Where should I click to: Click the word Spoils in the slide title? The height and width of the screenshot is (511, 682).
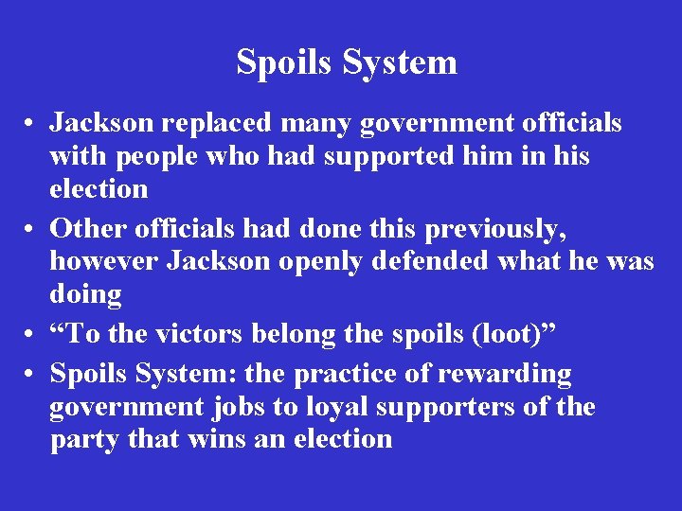tap(279, 62)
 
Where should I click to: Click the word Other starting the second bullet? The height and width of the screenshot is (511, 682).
tap(90, 229)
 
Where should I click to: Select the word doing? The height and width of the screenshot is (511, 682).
tap(85, 293)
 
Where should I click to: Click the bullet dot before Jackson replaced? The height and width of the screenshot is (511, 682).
tap(32, 123)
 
